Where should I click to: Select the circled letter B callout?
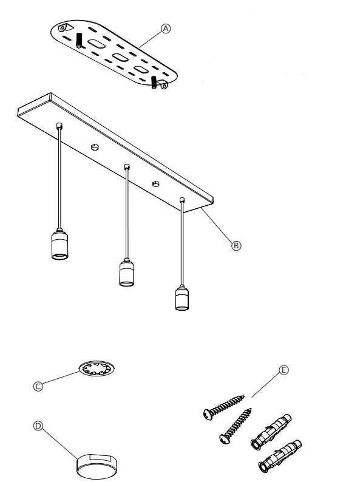[x=236, y=245]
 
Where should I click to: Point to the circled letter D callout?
[x=38, y=427]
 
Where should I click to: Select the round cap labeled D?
[x=98, y=464]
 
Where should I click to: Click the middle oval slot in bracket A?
[x=119, y=58]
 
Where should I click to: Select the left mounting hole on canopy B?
[x=94, y=147]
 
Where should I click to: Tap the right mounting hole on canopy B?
[x=155, y=182]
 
